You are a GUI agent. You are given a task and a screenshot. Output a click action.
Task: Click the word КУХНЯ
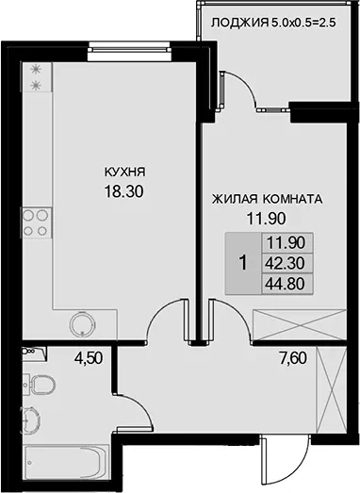click(x=124, y=172)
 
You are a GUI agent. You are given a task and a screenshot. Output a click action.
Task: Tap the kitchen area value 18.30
click(x=123, y=191)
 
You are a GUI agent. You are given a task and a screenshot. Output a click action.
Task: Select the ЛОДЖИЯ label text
click(x=240, y=23)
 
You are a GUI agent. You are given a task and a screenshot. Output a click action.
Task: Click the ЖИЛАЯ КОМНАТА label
click(x=268, y=199)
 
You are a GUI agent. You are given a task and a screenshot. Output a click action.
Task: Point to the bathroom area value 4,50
click(x=89, y=358)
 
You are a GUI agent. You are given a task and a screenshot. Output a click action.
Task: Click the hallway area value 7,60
click(x=293, y=358)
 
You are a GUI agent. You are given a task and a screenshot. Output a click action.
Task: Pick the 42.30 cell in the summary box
click(x=286, y=264)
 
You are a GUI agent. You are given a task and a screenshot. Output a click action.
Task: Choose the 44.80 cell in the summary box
click(x=286, y=284)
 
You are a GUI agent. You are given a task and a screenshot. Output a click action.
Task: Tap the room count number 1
click(x=243, y=263)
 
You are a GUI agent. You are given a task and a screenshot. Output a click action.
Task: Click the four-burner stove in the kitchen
click(x=36, y=222)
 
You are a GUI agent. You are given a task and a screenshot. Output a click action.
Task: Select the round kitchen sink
click(x=82, y=324)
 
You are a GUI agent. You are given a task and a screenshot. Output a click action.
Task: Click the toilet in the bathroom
click(x=40, y=384)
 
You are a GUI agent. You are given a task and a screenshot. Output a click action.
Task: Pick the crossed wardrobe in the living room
click(x=300, y=325)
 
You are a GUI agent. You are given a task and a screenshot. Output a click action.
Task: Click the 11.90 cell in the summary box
click(x=286, y=242)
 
